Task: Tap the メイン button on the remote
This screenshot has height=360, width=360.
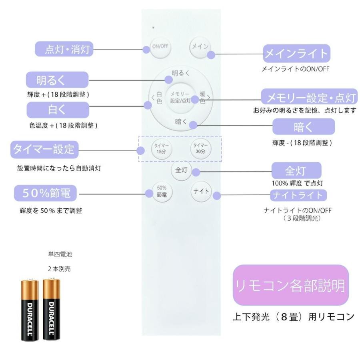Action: tap(199, 47)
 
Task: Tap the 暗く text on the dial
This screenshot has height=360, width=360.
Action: tap(181, 122)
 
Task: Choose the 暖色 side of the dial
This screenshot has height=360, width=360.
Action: tap(202, 98)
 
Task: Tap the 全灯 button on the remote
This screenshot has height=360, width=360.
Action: tap(179, 170)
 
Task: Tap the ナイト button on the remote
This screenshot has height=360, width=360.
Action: tap(200, 191)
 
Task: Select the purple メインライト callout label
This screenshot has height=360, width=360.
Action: tap(296, 53)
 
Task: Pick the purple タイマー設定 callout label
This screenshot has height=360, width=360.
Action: tap(44, 150)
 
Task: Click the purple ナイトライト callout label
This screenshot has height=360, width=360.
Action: tap(298, 195)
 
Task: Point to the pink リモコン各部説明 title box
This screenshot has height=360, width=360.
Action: tap(291, 285)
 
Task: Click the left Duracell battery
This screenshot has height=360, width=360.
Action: tap(30, 310)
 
